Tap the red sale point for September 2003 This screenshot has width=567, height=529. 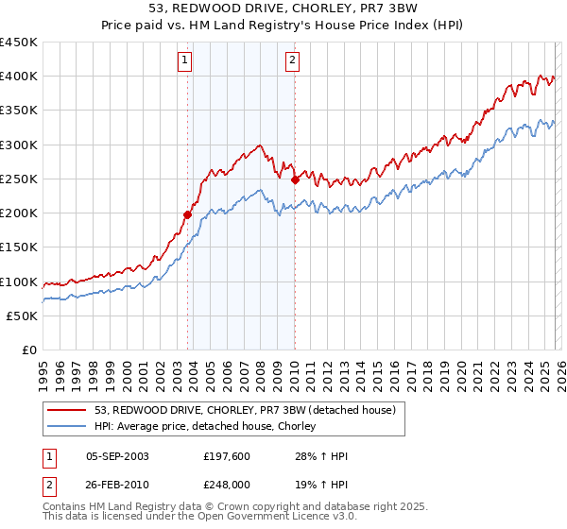(187, 214)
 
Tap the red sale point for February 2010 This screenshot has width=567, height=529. (295, 179)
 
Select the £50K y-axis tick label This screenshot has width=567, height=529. (23, 316)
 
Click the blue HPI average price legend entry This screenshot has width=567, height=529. (209, 426)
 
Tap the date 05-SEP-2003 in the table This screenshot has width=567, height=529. (117, 456)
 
